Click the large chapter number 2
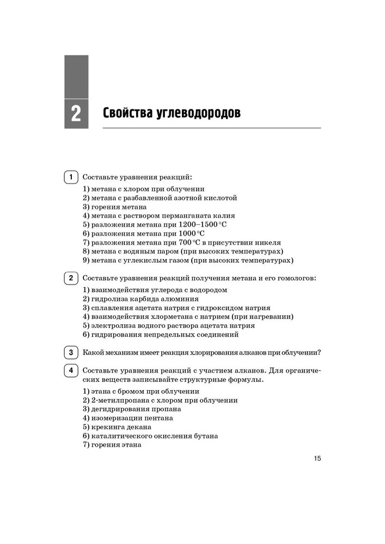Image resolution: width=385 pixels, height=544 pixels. click(76, 114)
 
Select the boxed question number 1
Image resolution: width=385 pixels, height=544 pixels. click(70, 177)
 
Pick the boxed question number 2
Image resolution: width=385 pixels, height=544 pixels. click(70, 278)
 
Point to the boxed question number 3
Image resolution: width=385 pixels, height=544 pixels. click(70, 352)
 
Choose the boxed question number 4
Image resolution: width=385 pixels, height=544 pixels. click(70, 370)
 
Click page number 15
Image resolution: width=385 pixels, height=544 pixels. click(317, 458)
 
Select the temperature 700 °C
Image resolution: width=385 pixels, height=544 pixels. click(189, 242)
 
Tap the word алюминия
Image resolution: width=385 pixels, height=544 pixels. click(180, 299)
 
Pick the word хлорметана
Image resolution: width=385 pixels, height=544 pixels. click(163, 317)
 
